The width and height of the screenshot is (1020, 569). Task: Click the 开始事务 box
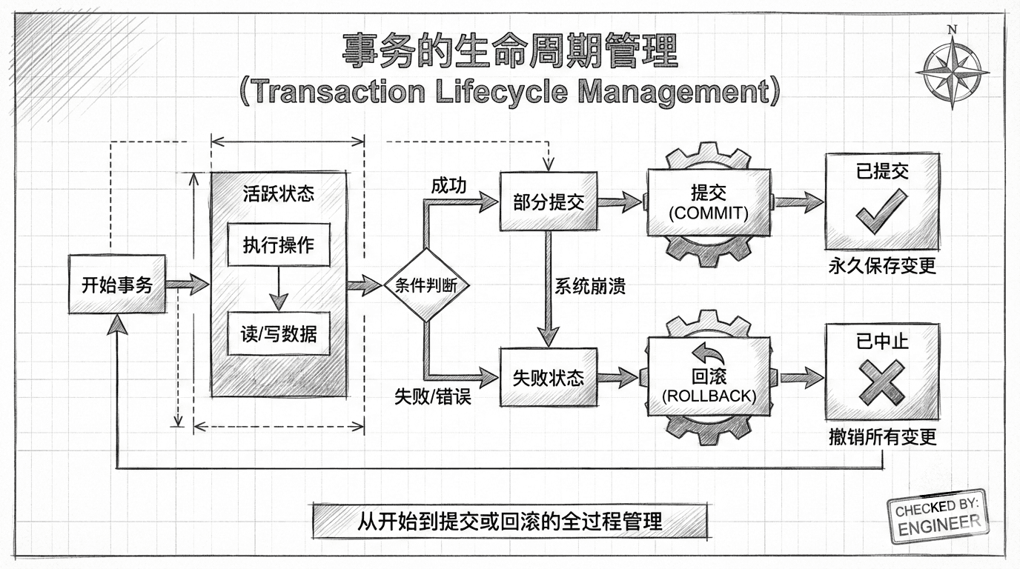[x=116, y=284]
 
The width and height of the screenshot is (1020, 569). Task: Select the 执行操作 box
[x=278, y=244]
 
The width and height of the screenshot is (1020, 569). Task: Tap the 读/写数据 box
[x=278, y=333]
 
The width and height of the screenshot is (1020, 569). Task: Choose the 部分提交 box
[x=548, y=201]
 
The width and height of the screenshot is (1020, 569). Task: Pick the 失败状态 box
[x=548, y=377]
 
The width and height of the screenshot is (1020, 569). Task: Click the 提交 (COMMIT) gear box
[x=708, y=202]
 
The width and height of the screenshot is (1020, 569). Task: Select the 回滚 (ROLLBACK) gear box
[x=708, y=377]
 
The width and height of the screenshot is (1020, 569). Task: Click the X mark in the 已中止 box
[x=881, y=381]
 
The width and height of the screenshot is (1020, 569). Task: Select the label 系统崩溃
[x=590, y=286]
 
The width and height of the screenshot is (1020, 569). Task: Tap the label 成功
[x=448, y=185]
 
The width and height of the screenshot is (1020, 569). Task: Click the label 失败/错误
[x=432, y=396]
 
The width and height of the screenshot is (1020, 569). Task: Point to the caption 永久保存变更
[x=882, y=265]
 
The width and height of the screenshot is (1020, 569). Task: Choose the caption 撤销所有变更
[x=882, y=436]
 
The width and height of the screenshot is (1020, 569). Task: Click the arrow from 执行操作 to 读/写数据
[x=278, y=289]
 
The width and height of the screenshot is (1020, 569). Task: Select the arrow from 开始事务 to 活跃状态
[x=188, y=284]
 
